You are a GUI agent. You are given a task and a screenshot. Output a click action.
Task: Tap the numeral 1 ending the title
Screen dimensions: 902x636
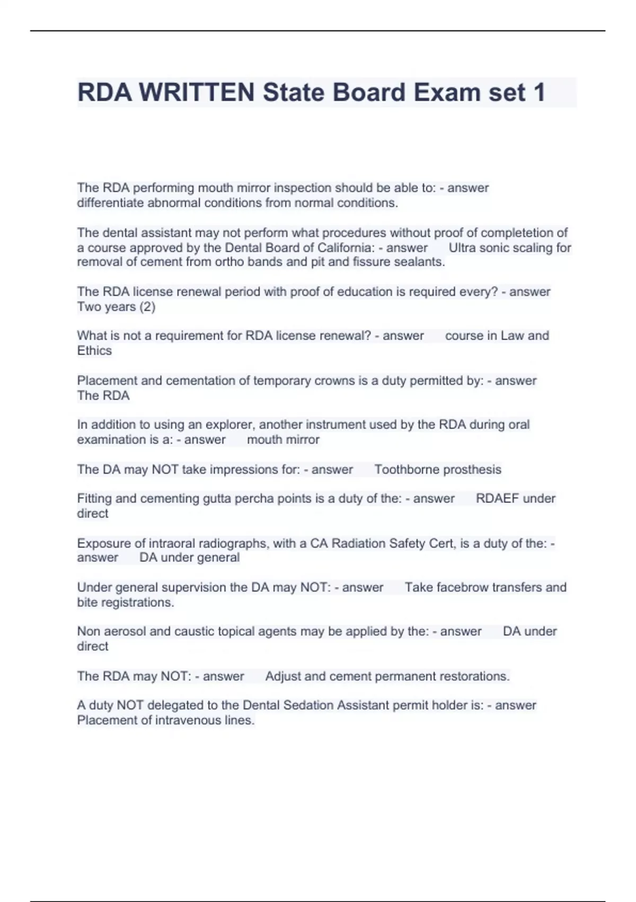(540, 92)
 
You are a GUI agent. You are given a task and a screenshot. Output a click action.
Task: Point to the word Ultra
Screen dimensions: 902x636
(462, 248)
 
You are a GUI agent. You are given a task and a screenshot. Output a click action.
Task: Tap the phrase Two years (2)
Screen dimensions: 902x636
(116, 307)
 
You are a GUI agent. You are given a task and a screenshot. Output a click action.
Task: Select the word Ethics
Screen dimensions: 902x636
(94, 351)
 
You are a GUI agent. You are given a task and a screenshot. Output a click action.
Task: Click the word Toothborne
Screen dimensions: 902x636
(405, 470)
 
